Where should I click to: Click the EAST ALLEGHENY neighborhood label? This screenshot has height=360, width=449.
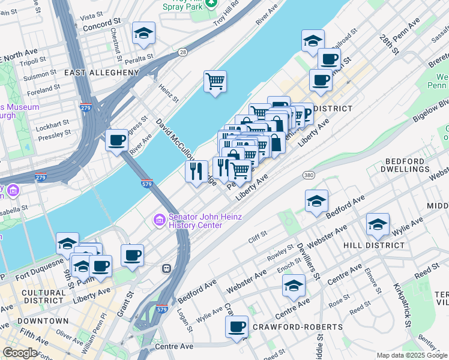point(101,73)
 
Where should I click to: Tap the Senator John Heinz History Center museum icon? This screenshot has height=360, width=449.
point(159,220)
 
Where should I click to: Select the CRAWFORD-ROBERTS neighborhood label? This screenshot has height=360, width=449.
point(298,327)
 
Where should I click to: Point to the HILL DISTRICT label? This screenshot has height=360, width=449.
point(374,245)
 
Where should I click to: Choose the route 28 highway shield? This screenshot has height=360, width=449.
point(182,53)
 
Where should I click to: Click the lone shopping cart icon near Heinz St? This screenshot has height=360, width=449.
point(215,80)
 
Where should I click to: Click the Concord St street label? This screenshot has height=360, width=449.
point(98,28)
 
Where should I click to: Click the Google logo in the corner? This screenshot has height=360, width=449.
point(20,353)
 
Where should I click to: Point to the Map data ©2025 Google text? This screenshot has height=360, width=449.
point(411,355)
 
